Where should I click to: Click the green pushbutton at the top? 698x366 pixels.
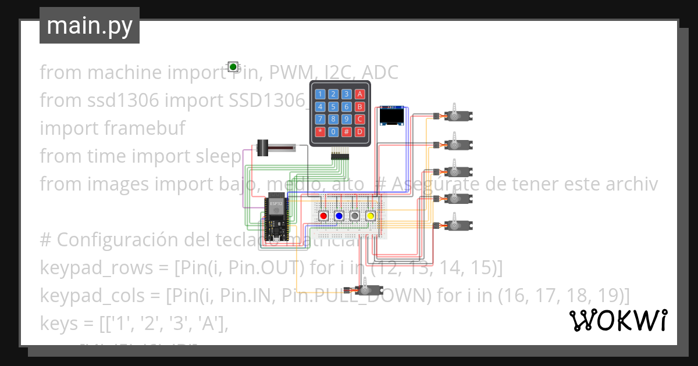click(233, 67)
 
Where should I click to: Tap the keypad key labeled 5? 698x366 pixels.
click(333, 106)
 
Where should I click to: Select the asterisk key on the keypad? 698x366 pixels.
click(319, 132)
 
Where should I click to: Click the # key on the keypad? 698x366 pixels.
click(346, 132)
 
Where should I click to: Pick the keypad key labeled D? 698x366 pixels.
click(359, 132)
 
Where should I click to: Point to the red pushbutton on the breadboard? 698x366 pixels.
click(324, 216)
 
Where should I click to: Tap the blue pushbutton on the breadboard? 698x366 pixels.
click(339, 216)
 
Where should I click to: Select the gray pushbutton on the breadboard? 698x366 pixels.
click(355, 216)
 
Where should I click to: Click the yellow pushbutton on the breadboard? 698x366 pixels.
click(370, 216)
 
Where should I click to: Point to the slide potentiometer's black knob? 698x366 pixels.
click(263, 148)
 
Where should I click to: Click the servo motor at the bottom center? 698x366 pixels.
click(365, 290)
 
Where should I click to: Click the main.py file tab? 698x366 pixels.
click(90, 26)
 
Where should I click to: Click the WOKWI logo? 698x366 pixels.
click(618, 321)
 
